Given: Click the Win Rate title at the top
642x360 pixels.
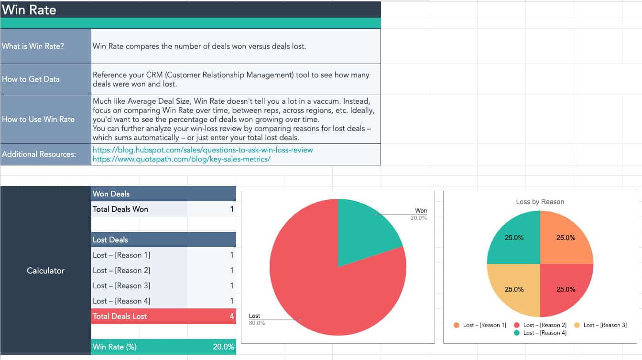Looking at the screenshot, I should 29,10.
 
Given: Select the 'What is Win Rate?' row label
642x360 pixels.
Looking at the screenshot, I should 33,46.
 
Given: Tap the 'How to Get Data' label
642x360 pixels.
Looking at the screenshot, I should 31,79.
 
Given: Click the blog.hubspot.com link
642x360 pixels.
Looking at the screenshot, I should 203,150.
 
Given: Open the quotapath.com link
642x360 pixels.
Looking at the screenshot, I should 181,159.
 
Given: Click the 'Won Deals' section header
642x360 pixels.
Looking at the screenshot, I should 111,194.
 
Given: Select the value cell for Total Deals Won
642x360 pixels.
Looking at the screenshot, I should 211,209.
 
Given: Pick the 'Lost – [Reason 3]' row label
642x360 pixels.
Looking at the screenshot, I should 121,285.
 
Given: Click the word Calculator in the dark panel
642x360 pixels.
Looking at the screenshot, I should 45,271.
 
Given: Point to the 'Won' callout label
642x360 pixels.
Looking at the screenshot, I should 421,211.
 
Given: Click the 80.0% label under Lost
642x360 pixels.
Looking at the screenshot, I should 257,323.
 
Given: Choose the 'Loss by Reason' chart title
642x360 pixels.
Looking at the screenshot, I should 540,202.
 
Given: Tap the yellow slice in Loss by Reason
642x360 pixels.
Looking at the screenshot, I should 514,289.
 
